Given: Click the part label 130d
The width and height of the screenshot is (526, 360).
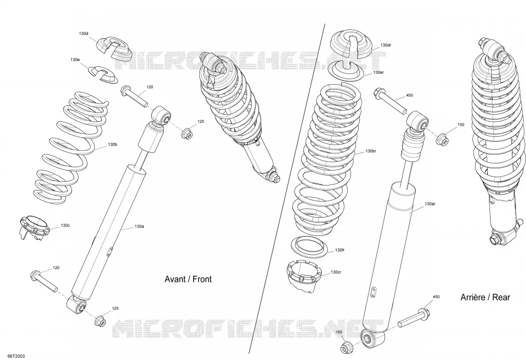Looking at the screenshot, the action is coord(84,34).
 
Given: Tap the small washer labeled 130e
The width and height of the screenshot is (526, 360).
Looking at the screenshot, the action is coord(104,74).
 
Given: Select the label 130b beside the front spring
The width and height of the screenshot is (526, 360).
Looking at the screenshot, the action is coord(112,145).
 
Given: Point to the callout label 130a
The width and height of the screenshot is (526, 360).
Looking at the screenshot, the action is coord(139,227).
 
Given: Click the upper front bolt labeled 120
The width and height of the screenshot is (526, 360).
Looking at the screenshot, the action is coord(134,96).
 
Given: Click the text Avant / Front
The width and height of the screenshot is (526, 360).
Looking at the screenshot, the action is coord(188,279).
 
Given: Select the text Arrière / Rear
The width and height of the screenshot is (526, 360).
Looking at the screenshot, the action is coord(485,297).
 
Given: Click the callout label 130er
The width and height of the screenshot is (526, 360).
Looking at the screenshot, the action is coord(378,73).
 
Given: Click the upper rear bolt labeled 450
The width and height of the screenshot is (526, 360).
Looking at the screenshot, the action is coord(390,101).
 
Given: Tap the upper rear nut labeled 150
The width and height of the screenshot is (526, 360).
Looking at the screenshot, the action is coord(442,139).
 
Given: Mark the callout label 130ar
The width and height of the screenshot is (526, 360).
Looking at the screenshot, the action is coord(430,204).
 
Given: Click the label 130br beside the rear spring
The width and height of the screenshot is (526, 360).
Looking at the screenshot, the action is coord(370,151).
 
